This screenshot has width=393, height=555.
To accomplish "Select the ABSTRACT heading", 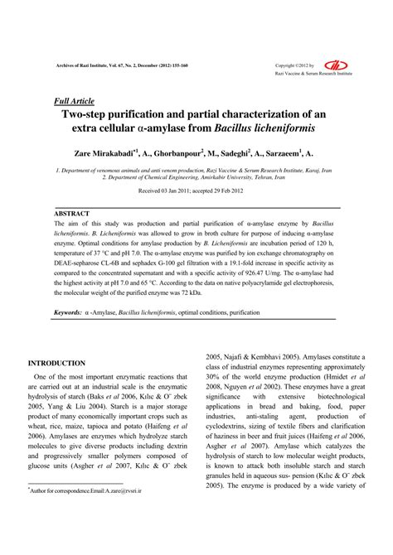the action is click(x=72, y=213).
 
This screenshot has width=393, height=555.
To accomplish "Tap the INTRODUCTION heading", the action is click(x=57, y=363).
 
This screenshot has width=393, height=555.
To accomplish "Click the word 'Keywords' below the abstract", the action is click(x=68, y=313).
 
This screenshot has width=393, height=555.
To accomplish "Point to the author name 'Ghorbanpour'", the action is click(x=181, y=153).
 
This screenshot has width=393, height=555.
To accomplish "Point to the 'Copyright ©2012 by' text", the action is click(x=296, y=65).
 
